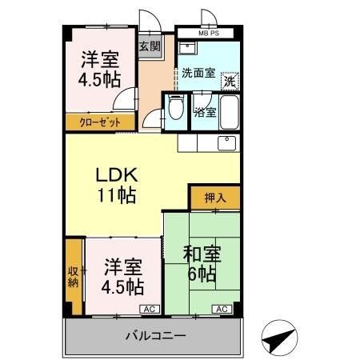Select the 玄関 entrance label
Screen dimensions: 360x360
click(x=150, y=46)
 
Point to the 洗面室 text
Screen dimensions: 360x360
click(x=198, y=73)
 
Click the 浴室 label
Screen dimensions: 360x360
click(x=205, y=112)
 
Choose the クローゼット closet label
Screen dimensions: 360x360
click(x=100, y=122)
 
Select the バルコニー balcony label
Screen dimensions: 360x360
click(x=155, y=335)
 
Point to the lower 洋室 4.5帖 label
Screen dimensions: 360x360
click(x=122, y=276)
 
